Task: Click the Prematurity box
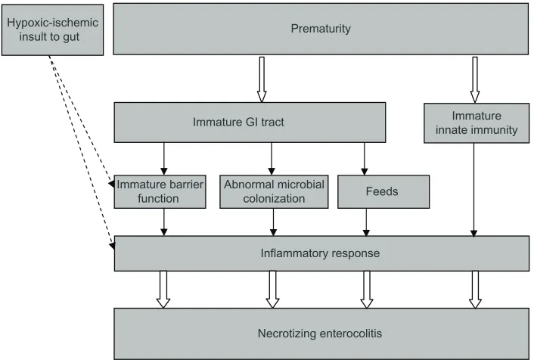click(x=321, y=29)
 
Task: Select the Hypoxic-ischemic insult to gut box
click(x=52, y=30)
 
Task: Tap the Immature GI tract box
click(x=250, y=123)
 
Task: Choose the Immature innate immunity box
click(x=477, y=123)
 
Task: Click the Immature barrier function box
click(x=160, y=192)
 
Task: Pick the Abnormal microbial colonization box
click(x=274, y=192)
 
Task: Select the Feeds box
click(x=383, y=192)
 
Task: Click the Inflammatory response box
click(x=321, y=253)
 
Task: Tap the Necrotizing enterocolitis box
click(x=321, y=334)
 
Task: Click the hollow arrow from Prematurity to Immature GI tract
click(x=262, y=79)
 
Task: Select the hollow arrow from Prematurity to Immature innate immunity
click(x=475, y=79)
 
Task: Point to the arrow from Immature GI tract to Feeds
click(x=365, y=159)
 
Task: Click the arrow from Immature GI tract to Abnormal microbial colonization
click(x=272, y=159)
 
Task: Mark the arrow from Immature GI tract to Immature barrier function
click(x=164, y=159)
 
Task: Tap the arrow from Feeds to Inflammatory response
click(x=366, y=222)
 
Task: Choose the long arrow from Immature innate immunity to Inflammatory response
click(x=473, y=190)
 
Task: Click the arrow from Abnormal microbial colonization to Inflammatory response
click(x=273, y=222)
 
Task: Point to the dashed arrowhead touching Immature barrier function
click(x=111, y=184)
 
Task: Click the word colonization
click(x=274, y=199)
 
